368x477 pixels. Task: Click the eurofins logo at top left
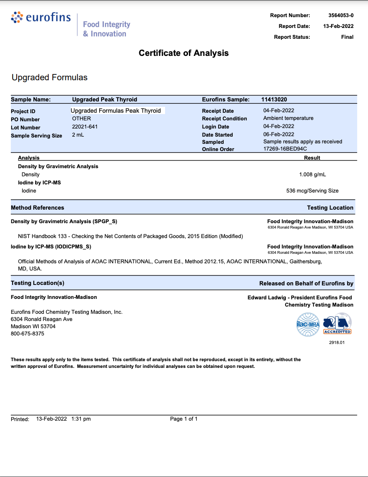41,18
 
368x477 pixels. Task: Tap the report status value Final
347,37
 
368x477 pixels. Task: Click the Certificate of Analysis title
184,53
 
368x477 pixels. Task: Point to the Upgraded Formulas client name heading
50,78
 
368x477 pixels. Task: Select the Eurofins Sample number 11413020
274,99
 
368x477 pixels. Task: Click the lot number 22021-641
85,127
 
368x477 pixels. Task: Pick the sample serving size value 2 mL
78,135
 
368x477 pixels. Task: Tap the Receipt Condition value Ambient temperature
288,118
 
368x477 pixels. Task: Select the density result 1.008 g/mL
313,174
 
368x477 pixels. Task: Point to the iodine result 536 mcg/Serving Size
313,191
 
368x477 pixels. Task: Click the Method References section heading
37,208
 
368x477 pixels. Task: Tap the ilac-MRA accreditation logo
307,325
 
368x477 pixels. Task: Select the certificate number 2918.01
337,343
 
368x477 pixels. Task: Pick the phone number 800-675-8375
28,334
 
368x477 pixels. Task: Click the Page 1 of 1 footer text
184,419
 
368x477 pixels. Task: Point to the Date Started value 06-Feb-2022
279,134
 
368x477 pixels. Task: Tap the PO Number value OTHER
82,119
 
